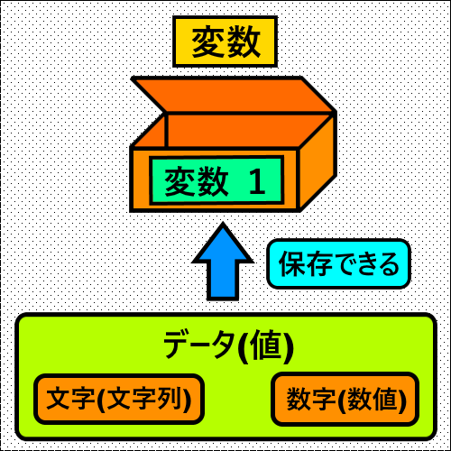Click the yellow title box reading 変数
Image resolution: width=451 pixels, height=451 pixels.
click(x=225, y=41)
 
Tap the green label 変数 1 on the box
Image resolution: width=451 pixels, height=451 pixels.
click(x=216, y=180)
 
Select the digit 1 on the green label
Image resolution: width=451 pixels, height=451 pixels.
click(x=257, y=181)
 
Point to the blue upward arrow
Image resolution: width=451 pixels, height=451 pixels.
click(x=223, y=262)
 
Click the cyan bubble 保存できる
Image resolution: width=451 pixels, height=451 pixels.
click(x=339, y=264)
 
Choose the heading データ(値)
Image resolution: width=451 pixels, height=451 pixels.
click(x=228, y=345)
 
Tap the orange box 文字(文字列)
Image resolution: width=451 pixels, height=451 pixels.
click(x=119, y=400)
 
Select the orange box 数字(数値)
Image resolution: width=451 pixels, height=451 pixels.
click(x=345, y=399)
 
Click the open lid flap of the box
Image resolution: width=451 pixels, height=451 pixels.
click(x=234, y=95)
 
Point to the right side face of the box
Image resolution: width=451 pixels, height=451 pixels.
click(x=317, y=162)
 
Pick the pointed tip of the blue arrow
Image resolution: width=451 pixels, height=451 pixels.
click(x=223, y=223)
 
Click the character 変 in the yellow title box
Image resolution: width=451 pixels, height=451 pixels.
click(x=209, y=41)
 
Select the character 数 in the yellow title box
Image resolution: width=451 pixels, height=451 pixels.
click(x=243, y=41)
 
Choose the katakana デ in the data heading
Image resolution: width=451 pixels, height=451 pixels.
click(x=179, y=345)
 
